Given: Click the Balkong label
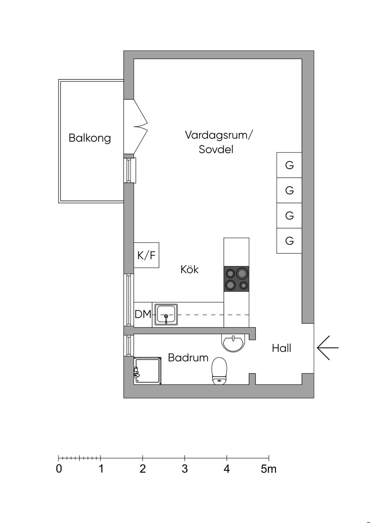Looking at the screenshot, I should pos(90,138).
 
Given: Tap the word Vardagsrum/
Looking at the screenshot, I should pos(219,135).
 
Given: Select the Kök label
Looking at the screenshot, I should pos(190,269).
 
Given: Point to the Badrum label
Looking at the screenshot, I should pos(188,358).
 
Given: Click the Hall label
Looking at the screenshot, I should pos(281,348).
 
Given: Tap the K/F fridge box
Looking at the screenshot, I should pos(146,255).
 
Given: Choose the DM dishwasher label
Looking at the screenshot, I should pos(143,315).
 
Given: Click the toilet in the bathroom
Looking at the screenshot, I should pos(219,371).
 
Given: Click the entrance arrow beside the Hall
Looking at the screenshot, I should pos(328,348).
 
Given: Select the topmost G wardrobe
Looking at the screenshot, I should pos(289,165).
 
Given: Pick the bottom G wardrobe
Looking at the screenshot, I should pos(289,241).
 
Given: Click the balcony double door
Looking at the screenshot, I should pos(137,126).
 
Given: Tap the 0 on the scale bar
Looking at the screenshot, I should pos(59,469).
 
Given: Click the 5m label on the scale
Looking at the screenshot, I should pos(268,469).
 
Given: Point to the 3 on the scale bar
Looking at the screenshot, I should pos(185,469).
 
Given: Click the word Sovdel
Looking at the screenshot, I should pos(216,150).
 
